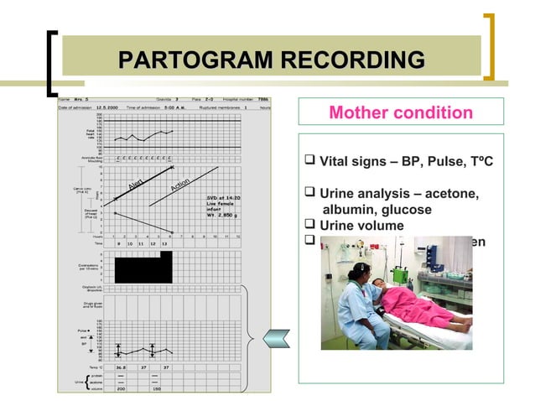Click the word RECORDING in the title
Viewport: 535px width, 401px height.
pyautogui.click(x=352, y=60)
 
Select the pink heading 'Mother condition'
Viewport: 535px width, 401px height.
pyautogui.click(x=401, y=112)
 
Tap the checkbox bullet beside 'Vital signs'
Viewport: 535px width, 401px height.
pyautogui.click(x=310, y=158)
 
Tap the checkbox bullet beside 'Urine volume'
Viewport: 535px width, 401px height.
pyautogui.click(x=310, y=226)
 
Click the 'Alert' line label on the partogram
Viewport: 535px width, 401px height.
pyautogui.click(x=138, y=184)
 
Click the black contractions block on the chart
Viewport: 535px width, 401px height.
pyautogui.click(x=143, y=268)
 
